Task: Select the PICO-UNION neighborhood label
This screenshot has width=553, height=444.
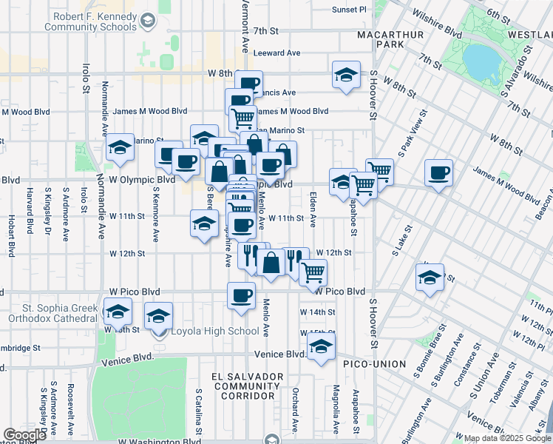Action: pos(374,364)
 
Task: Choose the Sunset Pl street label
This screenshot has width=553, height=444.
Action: pos(349,10)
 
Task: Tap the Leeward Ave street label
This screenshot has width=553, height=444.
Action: pos(276,53)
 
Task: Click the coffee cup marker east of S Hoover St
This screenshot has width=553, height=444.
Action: pos(439,173)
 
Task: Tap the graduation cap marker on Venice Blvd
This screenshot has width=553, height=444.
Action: pos(321,346)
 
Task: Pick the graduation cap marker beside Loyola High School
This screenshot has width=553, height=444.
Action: pos(158,317)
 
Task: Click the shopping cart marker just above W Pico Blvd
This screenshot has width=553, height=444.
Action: pos(313,272)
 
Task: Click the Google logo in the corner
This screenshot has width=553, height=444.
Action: pos(24,435)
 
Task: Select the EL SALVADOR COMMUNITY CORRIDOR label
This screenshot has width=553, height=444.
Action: pos(247,386)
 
